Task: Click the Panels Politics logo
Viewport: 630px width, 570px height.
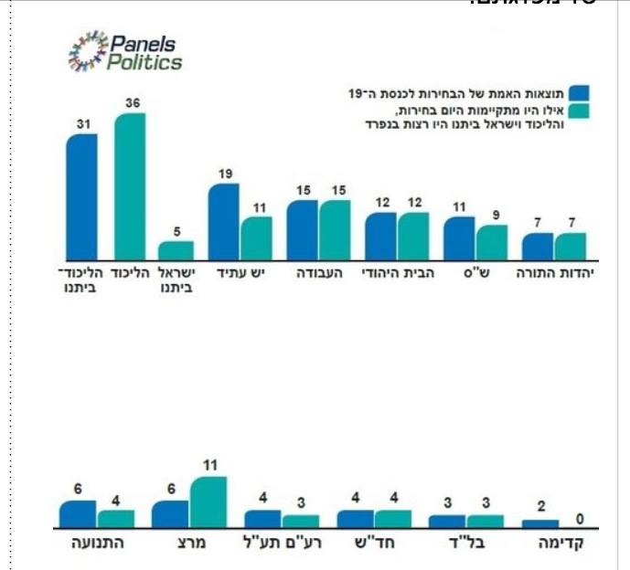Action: (x=125, y=52)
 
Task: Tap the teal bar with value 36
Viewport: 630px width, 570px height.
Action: (x=130, y=186)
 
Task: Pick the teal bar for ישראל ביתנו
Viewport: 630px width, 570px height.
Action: (x=176, y=250)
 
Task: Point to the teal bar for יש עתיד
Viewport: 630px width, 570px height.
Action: (x=257, y=238)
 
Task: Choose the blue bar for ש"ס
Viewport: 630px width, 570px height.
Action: (x=459, y=238)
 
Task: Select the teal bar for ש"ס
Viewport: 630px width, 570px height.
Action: (x=492, y=242)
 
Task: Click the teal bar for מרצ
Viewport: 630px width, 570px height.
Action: (x=208, y=501)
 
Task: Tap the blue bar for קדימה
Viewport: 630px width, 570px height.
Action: (x=540, y=523)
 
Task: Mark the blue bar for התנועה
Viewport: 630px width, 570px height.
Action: (x=78, y=513)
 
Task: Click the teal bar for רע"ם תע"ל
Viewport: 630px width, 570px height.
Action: (x=301, y=522)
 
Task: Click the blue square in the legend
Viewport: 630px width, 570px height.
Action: (x=579, y=92)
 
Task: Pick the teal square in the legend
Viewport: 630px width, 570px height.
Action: (x=579, y=111)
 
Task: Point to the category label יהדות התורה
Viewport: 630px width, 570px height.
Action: (x=557, y=273)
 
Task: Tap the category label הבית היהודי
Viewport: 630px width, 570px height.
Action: (x=398, y=273)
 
